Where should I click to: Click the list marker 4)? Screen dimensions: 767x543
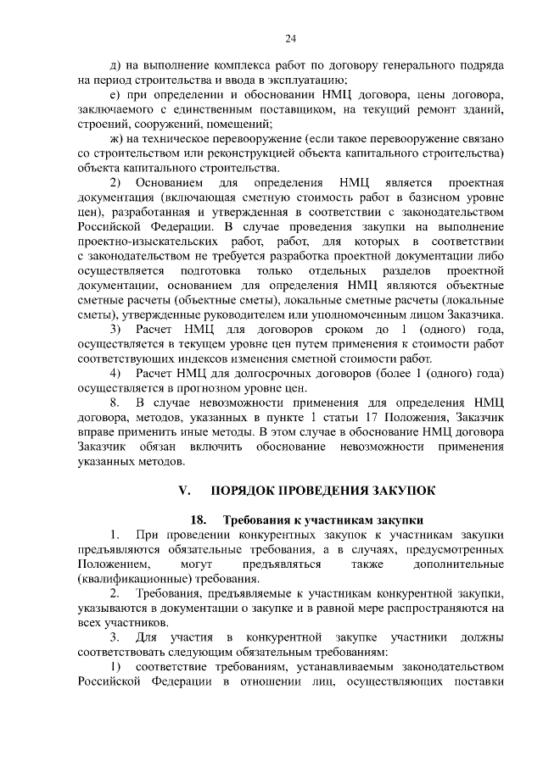click(118, 373)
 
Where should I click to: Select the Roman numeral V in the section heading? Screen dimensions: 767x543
click(181, 490)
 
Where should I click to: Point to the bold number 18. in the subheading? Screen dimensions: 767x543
click(199, 520)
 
